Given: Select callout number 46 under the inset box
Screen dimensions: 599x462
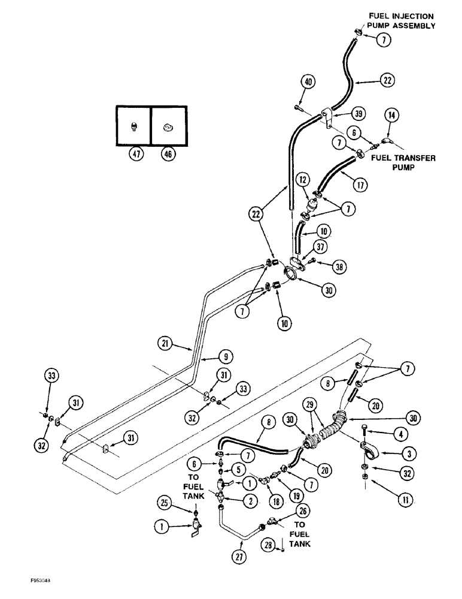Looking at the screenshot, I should (x=168, y=155).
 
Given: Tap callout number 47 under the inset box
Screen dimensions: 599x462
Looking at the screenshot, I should (x=133, y=155).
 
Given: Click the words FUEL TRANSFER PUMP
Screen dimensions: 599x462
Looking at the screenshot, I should (x=403, y=162).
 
